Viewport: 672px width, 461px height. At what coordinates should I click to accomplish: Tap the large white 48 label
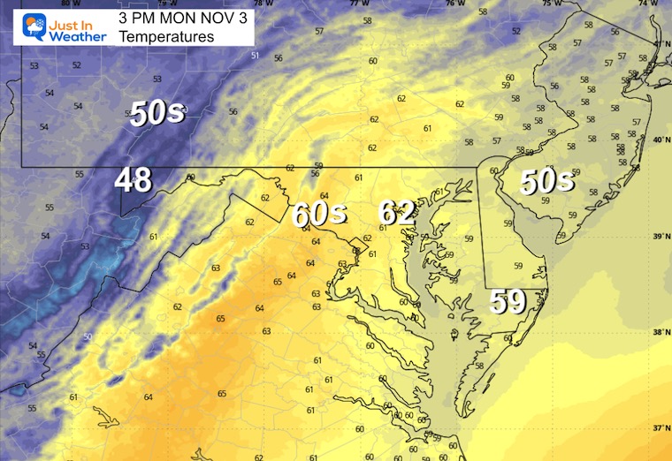(x=134, y=181)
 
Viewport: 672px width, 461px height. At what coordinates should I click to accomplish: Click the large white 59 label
(x=509, y=303)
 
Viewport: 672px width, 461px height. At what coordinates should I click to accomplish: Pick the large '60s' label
(x=318, y=213)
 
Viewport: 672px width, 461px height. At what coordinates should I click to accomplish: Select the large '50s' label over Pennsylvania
(x=157, y=112)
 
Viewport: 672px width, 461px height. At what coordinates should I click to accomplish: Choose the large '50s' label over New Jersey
(x=547, y=182)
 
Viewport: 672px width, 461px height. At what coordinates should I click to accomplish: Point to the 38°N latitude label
(x=660, y=334)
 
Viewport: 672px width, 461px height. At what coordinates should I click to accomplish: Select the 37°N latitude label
(x=660, y=428)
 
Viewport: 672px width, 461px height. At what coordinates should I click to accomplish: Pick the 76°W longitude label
(x=455, y=4)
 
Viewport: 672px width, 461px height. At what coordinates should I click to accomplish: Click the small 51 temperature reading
(x=256, y=57)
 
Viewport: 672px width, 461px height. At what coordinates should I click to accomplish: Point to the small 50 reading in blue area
(x=88, y=337)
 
